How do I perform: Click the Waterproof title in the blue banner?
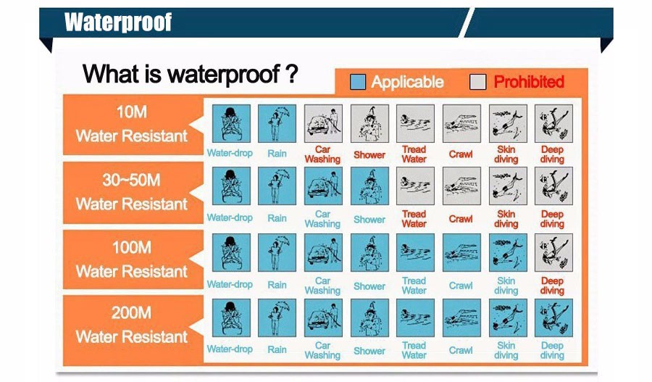click(118, 22)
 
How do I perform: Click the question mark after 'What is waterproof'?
click(292, 74)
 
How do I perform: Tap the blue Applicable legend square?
click(358, 82)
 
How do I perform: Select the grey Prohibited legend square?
click(478, 82)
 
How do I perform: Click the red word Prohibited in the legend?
click(529, 82)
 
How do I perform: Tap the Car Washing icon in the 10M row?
click(323, 123)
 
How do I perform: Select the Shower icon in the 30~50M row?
click(369, 186)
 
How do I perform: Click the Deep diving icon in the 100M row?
click(553, 252)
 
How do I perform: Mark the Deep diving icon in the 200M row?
click(553, 317)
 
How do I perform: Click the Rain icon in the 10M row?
click(277, 123)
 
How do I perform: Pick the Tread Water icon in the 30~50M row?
click(415, 186)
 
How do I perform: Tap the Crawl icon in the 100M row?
click(461, 252)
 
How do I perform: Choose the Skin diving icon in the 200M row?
click(508, 317)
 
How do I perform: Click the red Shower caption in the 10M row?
click(369, 155)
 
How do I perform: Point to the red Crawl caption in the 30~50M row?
click(461, 219)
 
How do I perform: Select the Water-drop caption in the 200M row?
click(230, 349)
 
